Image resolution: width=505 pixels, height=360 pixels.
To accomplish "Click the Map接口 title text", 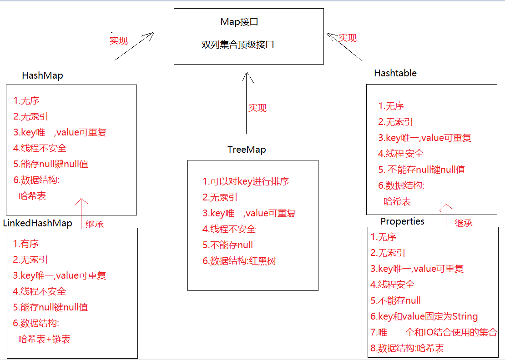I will pyautogui.click(x=239, y=22).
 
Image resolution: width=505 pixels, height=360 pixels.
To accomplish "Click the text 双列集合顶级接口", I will pyautogui.click(x=238, y=45).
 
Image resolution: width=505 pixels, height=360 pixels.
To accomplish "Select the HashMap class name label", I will pyautogui.click(x=42, y=76).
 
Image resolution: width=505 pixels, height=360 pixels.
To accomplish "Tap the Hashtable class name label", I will pyautogui.click(x=395, y=73).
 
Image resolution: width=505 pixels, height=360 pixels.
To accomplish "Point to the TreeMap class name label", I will pyautogui.click(x=247, y=150).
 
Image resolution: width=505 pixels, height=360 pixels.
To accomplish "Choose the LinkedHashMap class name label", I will pyautogui.click(x=38, y=223).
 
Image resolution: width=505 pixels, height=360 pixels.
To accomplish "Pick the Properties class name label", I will pyautogui.click(x=402, y=221).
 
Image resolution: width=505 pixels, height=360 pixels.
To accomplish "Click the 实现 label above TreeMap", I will pyautogui.click(x=257, y=108).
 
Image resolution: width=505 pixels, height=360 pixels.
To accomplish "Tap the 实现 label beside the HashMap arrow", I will pyautogui.click(x=119, y=40).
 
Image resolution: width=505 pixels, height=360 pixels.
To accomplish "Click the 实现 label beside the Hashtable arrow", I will pyautogui.click(x=348, y=38).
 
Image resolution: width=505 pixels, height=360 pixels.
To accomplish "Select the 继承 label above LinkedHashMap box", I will pyautogui.click(x=95, y=225).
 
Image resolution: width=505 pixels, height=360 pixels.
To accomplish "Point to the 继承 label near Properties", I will pyautogui.click(x=464, y=223).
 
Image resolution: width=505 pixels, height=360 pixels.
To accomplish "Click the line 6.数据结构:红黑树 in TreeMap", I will pyautogui.click(x=239, y=261).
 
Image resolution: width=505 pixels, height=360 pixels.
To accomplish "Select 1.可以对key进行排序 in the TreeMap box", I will pyautogui.click(x=246, y=181).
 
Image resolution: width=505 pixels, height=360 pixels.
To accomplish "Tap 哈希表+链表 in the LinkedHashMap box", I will pyautogui.click(x=45, y=339).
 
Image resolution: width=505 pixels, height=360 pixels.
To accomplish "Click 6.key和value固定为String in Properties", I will pyautogui.click(x=424, y=316).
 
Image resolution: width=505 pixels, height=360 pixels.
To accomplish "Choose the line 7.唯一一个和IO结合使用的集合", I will pyautogui.click(x=434, y=332).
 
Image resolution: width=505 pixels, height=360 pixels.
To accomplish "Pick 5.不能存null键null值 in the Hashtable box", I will pyautogui.click(x=422, y=170).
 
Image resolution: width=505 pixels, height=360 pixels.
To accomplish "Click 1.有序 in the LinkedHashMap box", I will pyautogui.click(x=26, y=244).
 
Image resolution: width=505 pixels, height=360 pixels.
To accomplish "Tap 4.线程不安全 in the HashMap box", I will pyautogui.click(x=40, y=148).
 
